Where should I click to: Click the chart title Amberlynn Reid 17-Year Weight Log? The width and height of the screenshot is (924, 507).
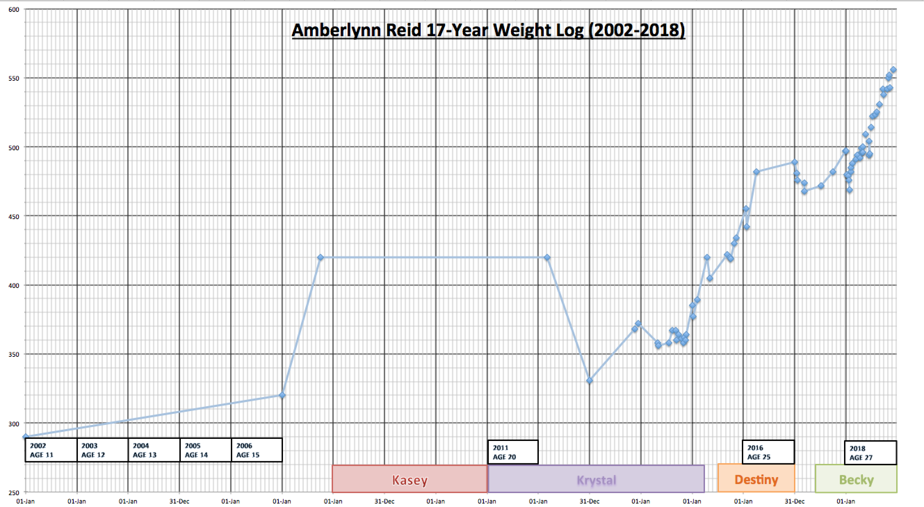point(488,30)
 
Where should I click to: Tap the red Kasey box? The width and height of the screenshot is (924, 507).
point(410,478)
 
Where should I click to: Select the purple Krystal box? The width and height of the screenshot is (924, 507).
point(596,478)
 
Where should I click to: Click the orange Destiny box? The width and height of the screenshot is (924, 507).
point(756,478)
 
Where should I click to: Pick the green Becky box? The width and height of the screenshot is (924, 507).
point(856,478)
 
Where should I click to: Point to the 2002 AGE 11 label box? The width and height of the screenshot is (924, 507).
point(51,450)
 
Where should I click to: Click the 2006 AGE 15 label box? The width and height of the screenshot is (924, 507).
point(257,450)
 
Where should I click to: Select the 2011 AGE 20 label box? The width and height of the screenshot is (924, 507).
point(513,452)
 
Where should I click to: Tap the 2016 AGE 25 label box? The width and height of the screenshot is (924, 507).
point(768,452)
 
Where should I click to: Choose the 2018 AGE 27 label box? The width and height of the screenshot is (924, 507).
point(870,453)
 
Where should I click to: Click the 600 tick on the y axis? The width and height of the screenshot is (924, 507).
point(14,10)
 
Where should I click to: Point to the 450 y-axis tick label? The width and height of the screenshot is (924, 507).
point(14,216)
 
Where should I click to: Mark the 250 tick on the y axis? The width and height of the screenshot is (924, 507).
point(14,492)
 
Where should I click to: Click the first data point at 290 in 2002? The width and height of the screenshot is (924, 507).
point(25,437)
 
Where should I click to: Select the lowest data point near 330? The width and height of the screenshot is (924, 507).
point(589,380)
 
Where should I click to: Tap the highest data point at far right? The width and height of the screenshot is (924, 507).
point(893,70)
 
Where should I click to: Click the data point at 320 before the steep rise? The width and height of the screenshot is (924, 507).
point(282,395)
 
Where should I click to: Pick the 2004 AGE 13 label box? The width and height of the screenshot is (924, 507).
point(154,450)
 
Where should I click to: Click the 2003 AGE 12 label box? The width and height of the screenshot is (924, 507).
point(103,450)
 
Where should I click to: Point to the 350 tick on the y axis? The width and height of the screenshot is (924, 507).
point(14,354)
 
